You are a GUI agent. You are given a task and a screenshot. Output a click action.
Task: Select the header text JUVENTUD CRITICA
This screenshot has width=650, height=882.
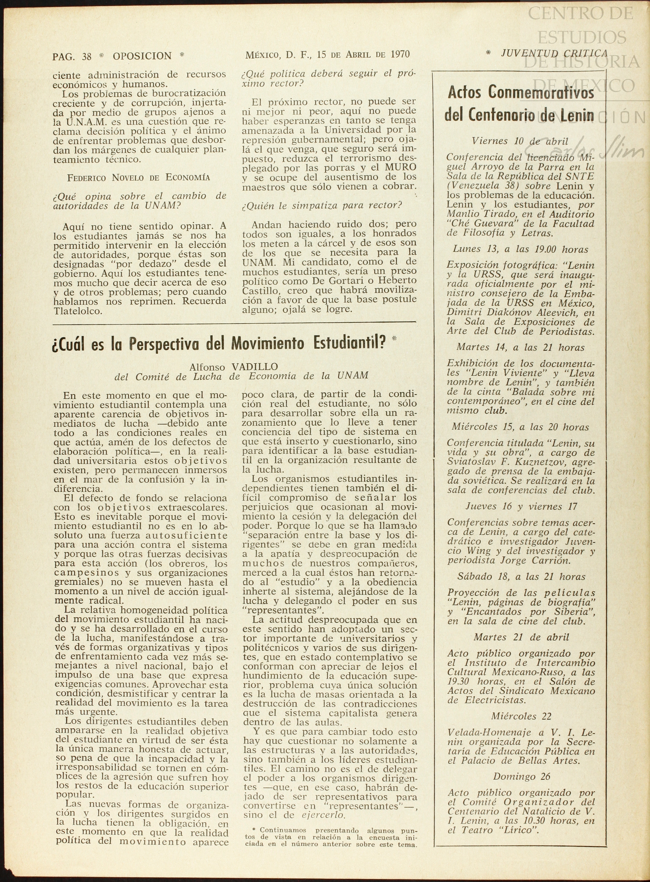554,53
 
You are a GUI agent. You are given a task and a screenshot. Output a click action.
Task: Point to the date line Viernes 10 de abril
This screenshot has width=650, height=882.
520,141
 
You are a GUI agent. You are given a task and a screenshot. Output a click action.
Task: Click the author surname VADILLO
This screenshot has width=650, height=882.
255,367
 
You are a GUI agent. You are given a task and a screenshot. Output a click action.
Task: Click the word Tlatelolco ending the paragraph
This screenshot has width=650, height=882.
77,310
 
